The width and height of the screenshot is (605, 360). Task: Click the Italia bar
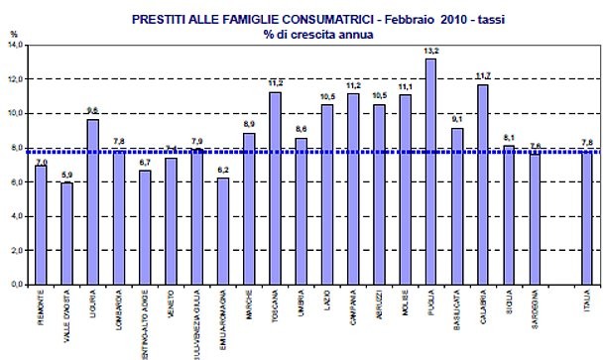(587, 217)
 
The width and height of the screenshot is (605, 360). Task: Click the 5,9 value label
(66, 176)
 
